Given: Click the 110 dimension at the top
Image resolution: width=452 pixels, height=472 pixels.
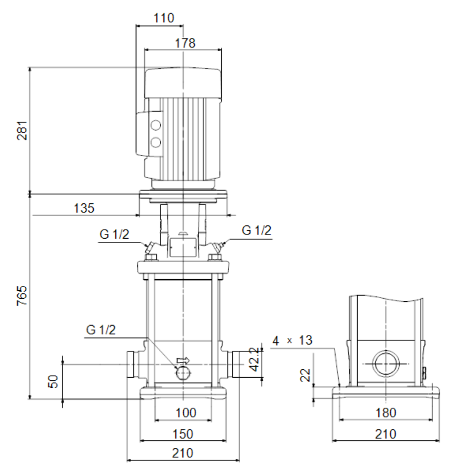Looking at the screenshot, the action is (x=164, y=18).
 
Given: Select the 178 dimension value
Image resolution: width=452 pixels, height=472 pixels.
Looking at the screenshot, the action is (x=185, y=43).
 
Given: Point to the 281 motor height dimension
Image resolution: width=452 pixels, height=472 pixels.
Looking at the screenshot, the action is (x=22, y=130).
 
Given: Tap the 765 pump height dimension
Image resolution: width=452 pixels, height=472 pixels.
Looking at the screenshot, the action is (x=22, y=296).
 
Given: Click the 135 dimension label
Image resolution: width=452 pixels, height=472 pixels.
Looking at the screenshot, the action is (x=84, y=208).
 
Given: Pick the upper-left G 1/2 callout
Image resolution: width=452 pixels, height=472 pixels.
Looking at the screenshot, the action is (x=114, y=234).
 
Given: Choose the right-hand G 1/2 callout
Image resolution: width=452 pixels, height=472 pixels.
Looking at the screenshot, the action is (x=257, y=230).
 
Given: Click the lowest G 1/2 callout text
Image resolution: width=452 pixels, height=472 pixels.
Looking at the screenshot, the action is (x=101, y=330).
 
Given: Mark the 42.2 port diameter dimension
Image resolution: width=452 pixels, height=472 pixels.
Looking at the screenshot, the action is (x=254, y=359).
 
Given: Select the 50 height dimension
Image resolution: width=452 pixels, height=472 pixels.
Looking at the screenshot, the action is (x=53, y=381).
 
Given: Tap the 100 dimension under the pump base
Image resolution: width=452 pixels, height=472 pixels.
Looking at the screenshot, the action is (x=185, y=412).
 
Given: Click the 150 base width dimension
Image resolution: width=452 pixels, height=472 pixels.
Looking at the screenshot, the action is (x=183, y=434).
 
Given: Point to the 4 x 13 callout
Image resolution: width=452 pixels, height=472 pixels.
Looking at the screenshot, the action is (x=292, y=340).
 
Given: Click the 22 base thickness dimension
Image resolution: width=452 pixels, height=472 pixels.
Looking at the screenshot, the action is (x=305, y=375).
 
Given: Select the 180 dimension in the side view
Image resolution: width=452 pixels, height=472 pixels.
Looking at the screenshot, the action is (x=386, y=412).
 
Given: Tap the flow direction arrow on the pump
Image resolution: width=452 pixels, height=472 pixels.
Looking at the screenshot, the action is (x=183, y=360).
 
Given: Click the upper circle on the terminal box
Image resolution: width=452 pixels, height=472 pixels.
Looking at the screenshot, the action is (x=155, y=125).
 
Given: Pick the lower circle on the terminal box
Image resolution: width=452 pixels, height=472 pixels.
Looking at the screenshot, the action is (x=155, y=142).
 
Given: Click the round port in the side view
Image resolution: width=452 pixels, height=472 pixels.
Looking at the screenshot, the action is (x=386, y=363).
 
